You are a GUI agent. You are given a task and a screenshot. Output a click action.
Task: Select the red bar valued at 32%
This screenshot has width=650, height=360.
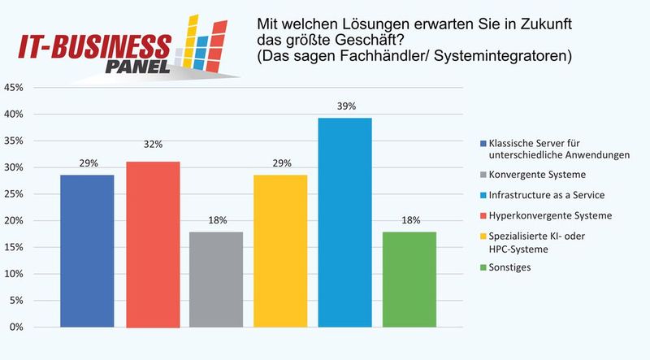point(153,244)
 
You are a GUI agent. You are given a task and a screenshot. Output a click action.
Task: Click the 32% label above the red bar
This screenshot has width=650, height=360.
point(154,144)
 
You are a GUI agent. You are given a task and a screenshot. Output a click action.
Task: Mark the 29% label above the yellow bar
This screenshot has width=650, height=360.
point(281,163)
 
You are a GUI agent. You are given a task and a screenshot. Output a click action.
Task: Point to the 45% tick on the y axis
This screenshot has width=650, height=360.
point(14,88)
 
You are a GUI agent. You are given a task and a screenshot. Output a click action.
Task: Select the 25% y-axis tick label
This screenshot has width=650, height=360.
point(14,194)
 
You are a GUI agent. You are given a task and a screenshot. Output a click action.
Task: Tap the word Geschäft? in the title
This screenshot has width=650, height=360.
point(357,41)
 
